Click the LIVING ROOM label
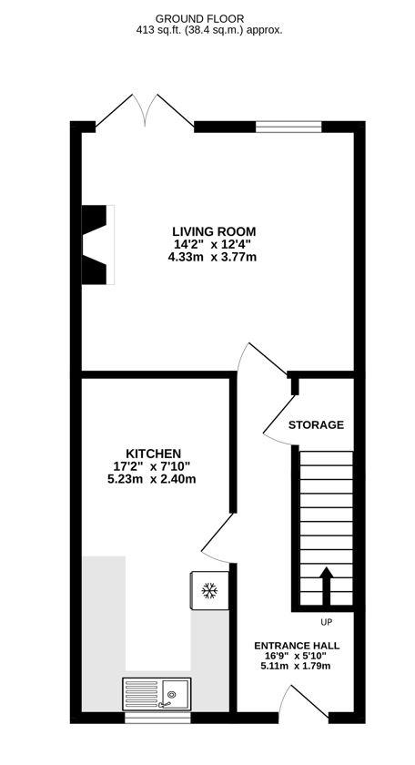[214, 231]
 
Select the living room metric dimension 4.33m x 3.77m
[213, 258]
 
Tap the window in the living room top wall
[288, 127]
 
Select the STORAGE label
[316, 424]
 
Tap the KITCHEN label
[153, 454]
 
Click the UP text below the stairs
[326, 623]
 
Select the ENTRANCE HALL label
[296, 645]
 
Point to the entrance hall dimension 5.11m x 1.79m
[296, 667]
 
